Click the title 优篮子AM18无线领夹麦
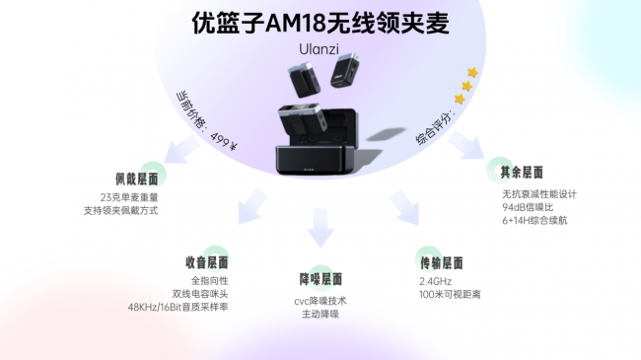[320, 23]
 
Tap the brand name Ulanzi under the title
[319, 49]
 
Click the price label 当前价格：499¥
[207, 121]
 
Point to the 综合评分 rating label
[433, 126]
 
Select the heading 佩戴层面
[136, 180]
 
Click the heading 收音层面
[207, 262]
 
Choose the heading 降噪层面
[320, 279]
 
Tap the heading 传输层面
[442, 263]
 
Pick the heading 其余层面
[522, 173]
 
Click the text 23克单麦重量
[129, 197]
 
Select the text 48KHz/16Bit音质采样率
[178, 307]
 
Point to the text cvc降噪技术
[320, 301]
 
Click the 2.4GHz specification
[435, 281]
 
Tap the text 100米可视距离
[450, 295]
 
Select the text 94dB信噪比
[528, 207]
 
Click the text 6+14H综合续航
[534, 221]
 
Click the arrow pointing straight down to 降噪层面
[320, 228]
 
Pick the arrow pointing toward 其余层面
[466, 145]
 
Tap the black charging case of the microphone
[318, 154]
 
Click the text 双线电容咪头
[200, 294]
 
